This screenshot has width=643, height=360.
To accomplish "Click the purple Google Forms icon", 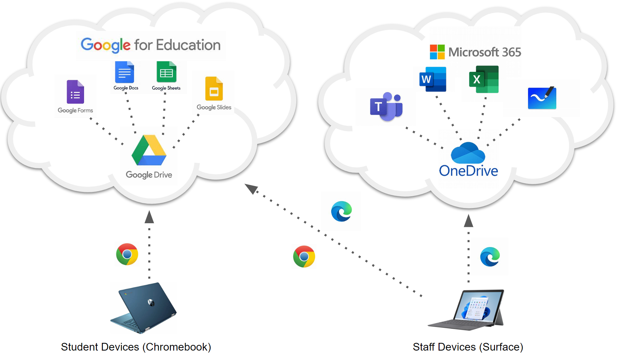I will (x=75, y=92).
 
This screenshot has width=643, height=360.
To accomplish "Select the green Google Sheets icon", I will (x=166, y=72).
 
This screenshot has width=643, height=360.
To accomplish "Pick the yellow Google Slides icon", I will (x=214, y=89).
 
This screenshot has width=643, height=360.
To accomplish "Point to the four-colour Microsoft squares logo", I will (x=437, y=52).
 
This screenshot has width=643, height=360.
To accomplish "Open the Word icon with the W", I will (x=432, y=79).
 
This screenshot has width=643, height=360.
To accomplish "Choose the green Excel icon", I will (x=484, y=79).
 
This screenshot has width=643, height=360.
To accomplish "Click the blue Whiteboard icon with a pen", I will (x=542, y=98).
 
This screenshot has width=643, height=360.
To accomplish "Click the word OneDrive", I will (x=468, y=171).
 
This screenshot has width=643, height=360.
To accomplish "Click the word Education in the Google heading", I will (x=188, y=45).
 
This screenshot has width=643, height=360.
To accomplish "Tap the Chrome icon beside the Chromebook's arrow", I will (x=127, y=254).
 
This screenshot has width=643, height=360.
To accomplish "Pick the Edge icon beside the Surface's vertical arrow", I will (x=490, y=257).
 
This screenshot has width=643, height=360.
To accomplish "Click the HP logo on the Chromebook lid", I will (x=151, y=302).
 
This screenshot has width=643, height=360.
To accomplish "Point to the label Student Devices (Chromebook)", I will (x=136, y=347).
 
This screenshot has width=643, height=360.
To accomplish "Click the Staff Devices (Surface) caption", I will (x=468, y=347).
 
